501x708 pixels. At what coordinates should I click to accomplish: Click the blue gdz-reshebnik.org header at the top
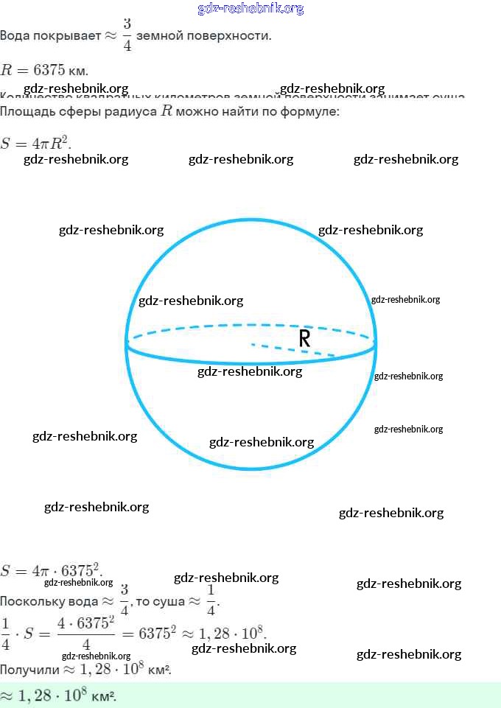[251, 9]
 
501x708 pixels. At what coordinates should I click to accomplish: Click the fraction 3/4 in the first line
[127, 35]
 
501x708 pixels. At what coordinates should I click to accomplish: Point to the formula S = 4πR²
[35, 144]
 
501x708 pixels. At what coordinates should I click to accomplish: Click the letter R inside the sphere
[304, 338]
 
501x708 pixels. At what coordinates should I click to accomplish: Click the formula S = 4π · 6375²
[51, 571]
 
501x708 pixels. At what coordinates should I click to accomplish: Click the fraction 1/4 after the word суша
[211, 601]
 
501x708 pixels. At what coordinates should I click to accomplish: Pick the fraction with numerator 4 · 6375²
[86, 633]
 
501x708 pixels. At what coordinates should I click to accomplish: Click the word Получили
[27, 670]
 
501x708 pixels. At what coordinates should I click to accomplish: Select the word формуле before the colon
[309, 112]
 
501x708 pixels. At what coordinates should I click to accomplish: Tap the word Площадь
[27, 112]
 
